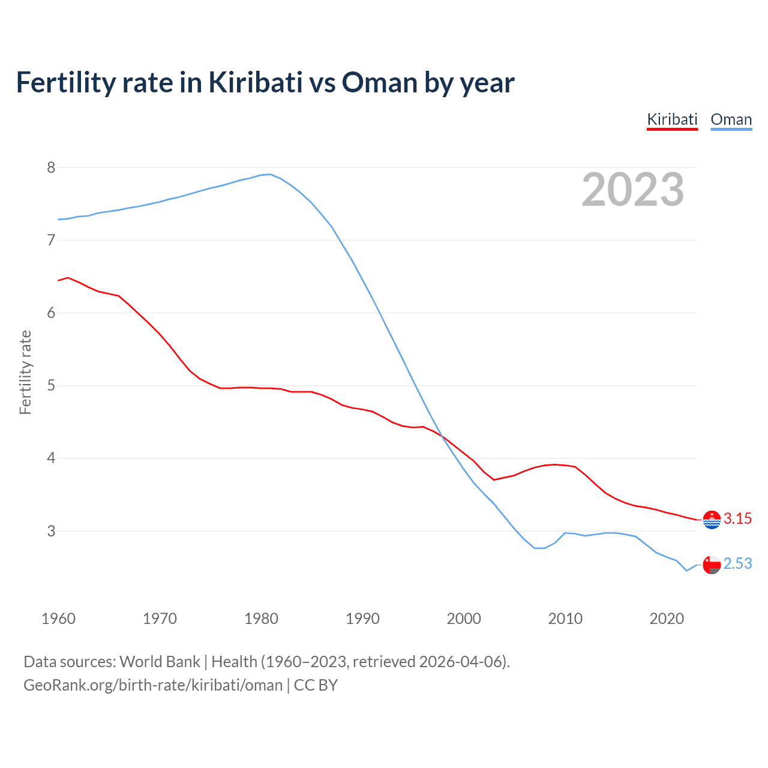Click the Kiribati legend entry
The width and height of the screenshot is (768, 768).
[x=672, y=119]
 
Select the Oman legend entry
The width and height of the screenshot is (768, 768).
[x=731, y=119]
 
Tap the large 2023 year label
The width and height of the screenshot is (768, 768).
[x=633, y=190]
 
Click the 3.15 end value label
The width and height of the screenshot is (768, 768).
[x=737, y=519]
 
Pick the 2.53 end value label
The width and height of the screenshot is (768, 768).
[x=737, y=564]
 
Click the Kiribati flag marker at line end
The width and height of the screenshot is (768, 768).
[x=712, y=520]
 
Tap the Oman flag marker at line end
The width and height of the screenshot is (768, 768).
[x=712, y=565]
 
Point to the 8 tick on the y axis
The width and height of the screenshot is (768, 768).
[x=51, y=167]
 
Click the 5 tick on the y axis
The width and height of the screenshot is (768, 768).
[x=51, y=385]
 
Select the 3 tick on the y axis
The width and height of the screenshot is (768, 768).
[x=51, y=531]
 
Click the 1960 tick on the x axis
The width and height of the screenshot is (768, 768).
[x=58, y=619]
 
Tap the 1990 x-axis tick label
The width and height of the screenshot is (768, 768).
[x=362, y=619]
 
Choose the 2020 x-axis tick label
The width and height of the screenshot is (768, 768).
[x=667, y=619]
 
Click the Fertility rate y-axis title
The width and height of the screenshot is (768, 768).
[x=25, y=372]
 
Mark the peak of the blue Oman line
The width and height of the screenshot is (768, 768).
[x=270, y=174]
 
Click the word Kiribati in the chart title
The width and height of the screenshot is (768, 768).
[x=255, y=82]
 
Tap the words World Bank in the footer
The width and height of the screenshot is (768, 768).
[x=160, y=662]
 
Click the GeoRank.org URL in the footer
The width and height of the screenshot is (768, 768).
[x=153, y=685]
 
